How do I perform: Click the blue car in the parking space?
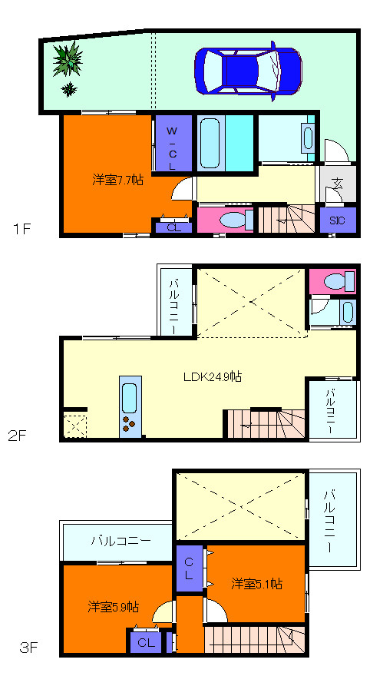click(248, 71)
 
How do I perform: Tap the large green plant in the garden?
click(68, 60)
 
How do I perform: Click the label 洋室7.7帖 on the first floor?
click(118, 180)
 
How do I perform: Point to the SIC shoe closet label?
click(338, 220)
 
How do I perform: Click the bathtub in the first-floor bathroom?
click(210, 143)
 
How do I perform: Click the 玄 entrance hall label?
click(338, 184)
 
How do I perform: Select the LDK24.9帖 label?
click(212, 377)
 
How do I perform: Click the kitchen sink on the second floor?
click(130, 398)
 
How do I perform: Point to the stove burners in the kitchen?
click(129, 423)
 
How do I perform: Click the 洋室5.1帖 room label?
click(257, 584)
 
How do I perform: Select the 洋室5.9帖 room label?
click(114, 607)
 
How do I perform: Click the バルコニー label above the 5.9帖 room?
click(121, 541)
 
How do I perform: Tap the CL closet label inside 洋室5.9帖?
click(146, 643)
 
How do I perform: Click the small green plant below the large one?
click(68, 89)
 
